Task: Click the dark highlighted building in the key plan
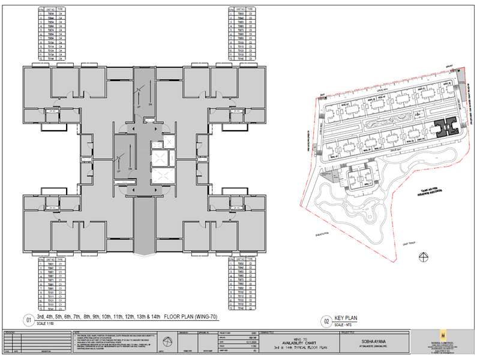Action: click(446, 128)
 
